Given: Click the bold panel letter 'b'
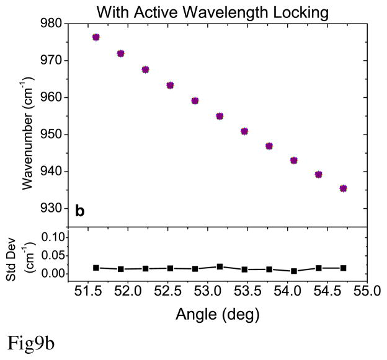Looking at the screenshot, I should tap(79, 211).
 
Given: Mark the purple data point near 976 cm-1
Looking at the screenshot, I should tap(96, 37).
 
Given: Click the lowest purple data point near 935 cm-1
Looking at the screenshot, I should tap(343, 188).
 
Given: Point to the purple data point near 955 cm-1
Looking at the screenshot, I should tap(220, 116).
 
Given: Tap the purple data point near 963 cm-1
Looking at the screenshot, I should tap(170, 85).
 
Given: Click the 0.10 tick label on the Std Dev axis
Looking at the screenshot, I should tap(55, 237).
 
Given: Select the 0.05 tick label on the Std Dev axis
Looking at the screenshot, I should tap(55, 255).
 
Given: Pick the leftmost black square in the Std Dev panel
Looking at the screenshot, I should tap(96, 268).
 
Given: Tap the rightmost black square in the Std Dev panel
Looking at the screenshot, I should tap(343, 268).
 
